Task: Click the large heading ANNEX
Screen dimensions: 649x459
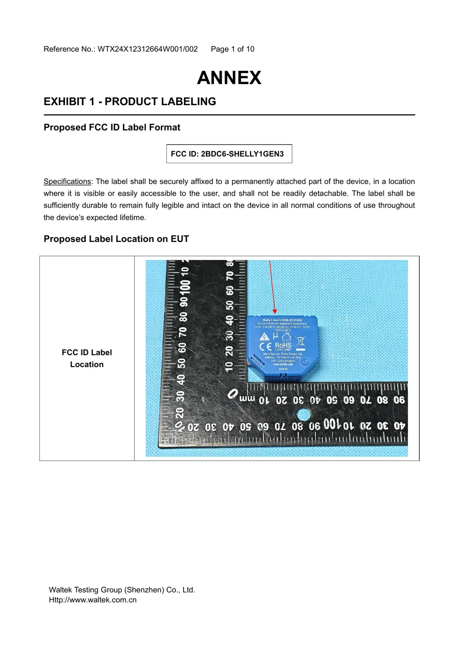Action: coord(229,78)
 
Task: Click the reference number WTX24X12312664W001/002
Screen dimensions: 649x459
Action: coord(147,49)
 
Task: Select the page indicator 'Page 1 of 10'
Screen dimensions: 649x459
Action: coord(232,49)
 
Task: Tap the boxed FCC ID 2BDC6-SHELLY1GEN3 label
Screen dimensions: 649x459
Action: coord(229,154)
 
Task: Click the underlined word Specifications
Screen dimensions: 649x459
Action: coord(67,181)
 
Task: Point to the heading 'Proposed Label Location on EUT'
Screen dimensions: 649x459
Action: coord(116,239)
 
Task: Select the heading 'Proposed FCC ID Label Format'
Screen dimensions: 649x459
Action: coord(112,127)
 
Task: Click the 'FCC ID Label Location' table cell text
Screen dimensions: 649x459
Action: coord(87,358)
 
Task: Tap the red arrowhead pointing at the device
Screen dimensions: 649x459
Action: coord(275,312)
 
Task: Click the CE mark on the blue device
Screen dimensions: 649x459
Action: coord(265,347)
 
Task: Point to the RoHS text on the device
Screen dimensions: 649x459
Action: coord(283,346)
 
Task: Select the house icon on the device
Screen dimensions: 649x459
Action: coord(286,336)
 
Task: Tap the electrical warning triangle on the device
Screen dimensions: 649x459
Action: coord(265,337)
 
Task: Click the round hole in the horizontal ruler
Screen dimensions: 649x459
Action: coord(303,414)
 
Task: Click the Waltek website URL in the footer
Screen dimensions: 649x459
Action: coord(93,600)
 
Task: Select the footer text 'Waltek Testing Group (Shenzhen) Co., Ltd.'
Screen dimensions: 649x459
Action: coord(122,590)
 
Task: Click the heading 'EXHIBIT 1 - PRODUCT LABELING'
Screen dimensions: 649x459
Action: coord(130,102)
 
